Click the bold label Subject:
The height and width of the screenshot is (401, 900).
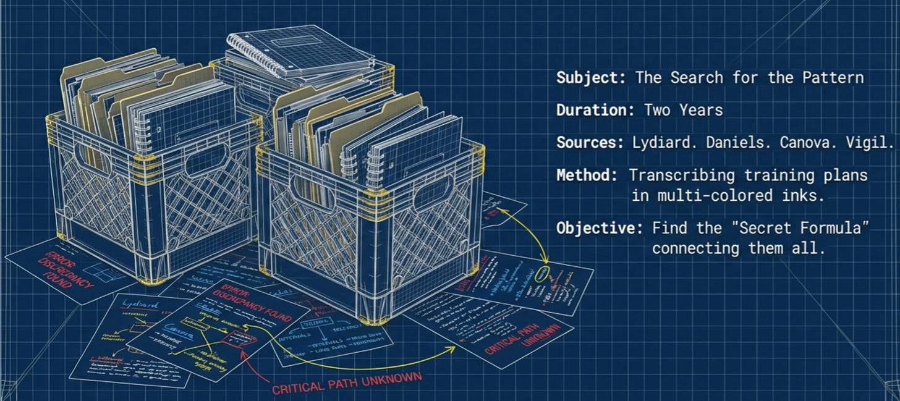click(589, 78)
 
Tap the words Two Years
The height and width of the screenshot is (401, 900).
click(683, 111)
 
